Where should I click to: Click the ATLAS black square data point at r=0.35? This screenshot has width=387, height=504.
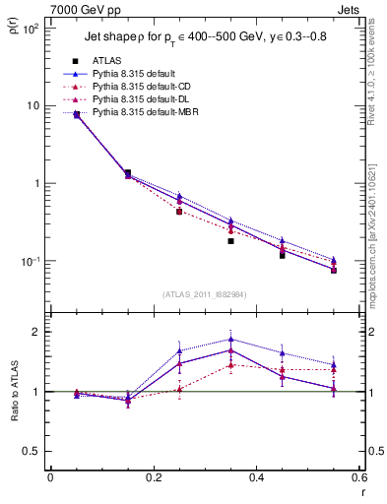(230, 240)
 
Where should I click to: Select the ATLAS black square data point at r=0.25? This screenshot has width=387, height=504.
(179, 212)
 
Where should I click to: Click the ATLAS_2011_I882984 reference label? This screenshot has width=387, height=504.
(203, 294)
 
